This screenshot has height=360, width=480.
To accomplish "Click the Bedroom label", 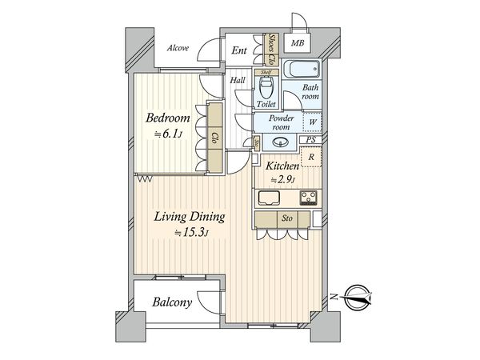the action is coord(168,118).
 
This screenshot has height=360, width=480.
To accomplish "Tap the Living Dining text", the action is coord(189,217).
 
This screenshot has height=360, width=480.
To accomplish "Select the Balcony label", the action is coord(172,302).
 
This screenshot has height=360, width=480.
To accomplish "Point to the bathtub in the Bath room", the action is coord(302,70).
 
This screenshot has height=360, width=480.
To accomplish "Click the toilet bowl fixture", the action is coord(266,87).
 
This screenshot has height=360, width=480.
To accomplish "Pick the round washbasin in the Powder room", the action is coord(279,142).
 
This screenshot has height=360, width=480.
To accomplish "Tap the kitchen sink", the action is coord(269,198).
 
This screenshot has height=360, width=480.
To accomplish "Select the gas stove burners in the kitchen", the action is coord(309,198).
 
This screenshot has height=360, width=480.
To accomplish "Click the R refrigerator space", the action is coord(311,157).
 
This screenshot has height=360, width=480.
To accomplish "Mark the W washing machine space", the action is coord(312,122).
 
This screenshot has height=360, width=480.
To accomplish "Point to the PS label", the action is coord(311,140).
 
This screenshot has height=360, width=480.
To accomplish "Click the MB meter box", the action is coord(298,43).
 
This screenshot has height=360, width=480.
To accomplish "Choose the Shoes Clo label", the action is coord(271,49).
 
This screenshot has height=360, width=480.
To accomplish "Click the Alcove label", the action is coord(178,48).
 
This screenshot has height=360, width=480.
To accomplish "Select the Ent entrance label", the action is coord(239,50).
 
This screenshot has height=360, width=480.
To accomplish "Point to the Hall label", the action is coord(238,80).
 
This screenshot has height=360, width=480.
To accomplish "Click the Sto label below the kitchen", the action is coord(287,218).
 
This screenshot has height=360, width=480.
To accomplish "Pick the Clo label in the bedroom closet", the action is coord(215,138).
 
